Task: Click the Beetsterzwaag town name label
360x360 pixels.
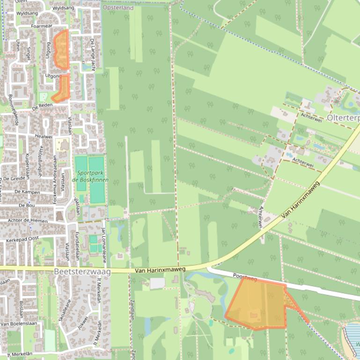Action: click(x=82, y=272)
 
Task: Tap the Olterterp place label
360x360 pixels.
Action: click(x=343, y=118)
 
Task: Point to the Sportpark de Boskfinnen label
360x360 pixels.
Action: click(x=90, y=176)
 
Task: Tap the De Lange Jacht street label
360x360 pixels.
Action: click(x=92, y=52)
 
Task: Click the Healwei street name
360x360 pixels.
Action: click(x=43, y=137)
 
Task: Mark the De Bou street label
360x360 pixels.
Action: click(x=27, y=205)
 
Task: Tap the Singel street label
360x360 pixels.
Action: click(x=29, y=53)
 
